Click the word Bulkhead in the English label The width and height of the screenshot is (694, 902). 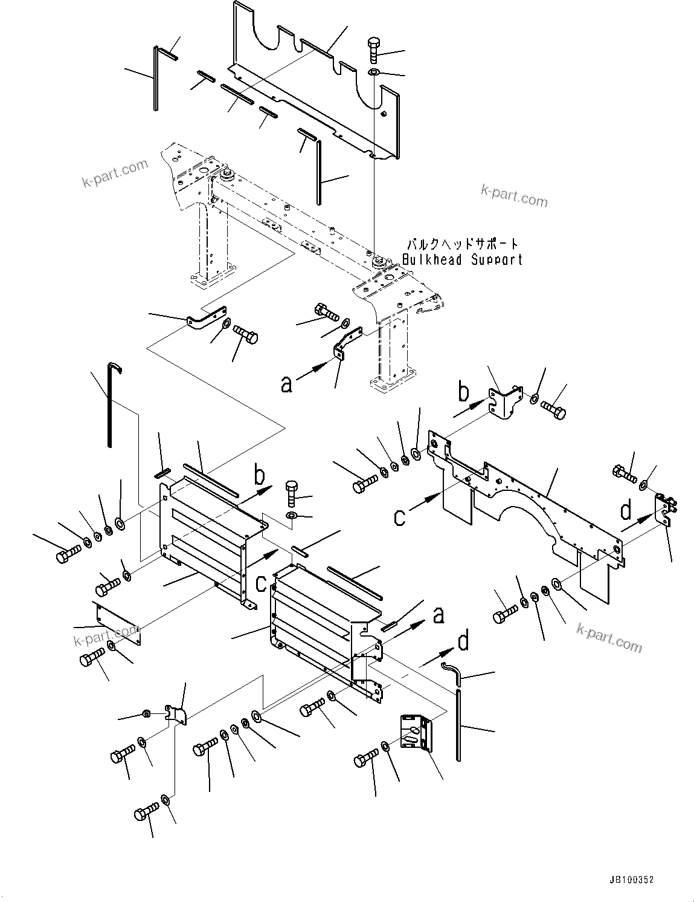(x=432, y=261)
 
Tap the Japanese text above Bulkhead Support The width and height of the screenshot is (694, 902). (x=462, y=245)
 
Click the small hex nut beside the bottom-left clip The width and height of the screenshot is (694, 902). (x=147, y=714)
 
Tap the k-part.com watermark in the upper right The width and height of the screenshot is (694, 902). (x=514, y=194)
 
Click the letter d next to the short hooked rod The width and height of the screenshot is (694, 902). (x=463, y=641)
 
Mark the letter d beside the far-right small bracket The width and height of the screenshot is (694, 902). (x=626, y=511)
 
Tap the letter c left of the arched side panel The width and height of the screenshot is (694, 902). (x=400, y=517)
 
